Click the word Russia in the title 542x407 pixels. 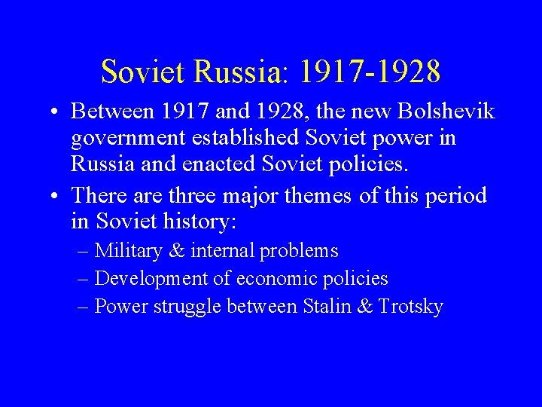(x=237, y=72)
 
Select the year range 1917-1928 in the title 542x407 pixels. (x=370, y=72)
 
